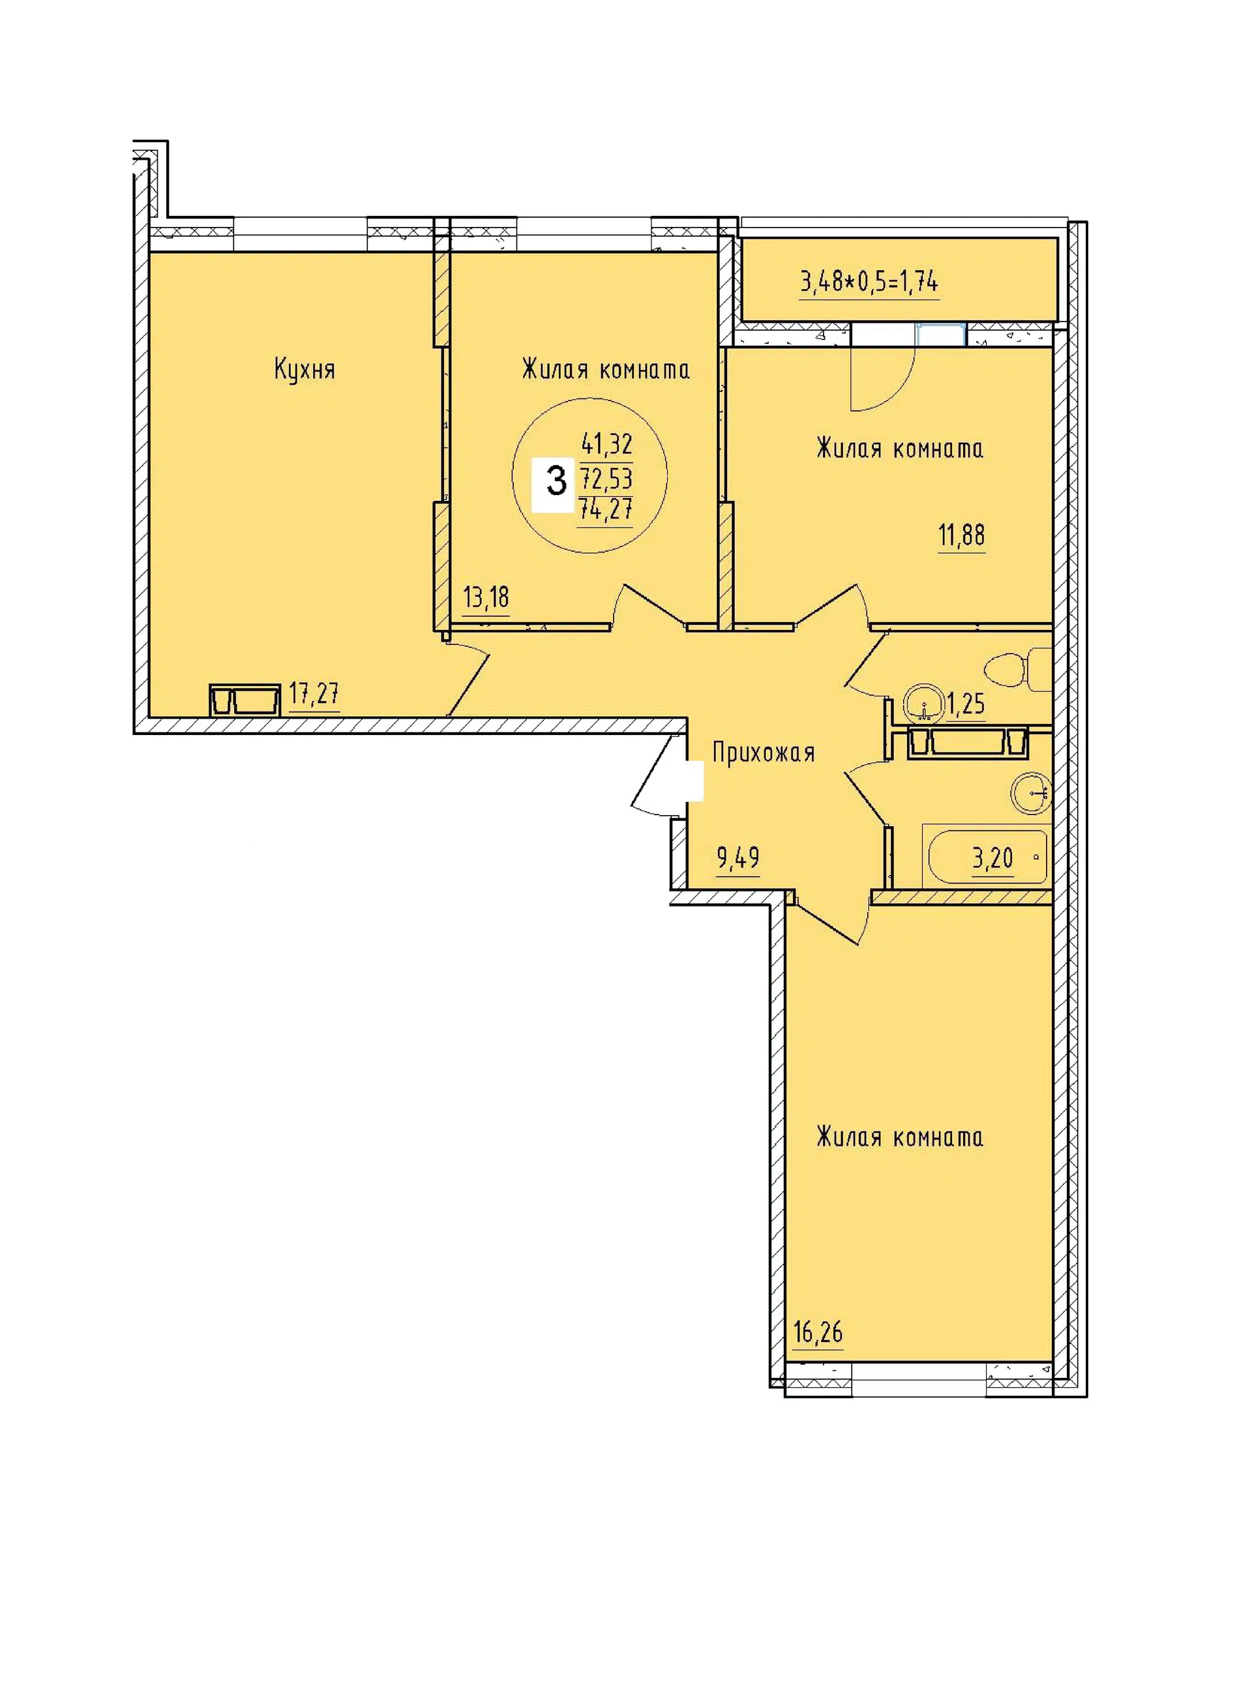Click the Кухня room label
click(x=305, y=370)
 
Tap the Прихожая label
click(x=763, y=753)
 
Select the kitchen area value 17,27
click(x=314, y=693)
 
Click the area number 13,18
click(x=486, y=597)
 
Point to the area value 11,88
click(x=962, y=535)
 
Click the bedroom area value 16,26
click(x=818, y=1332)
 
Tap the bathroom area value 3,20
click(x=993, y=858)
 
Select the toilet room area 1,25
click(x=966, y=704)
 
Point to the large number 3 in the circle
click(x=557, y=480)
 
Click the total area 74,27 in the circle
click(x=606, y=509)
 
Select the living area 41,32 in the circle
click(x=607, y=443)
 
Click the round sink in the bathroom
click(x=1032, y=794)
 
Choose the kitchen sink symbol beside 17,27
click(x=245, y=699)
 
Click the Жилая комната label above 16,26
click(x=900, y=1137)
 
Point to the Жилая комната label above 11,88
click(x=900, y=449)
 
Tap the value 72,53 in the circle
click(x=606, y=478)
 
